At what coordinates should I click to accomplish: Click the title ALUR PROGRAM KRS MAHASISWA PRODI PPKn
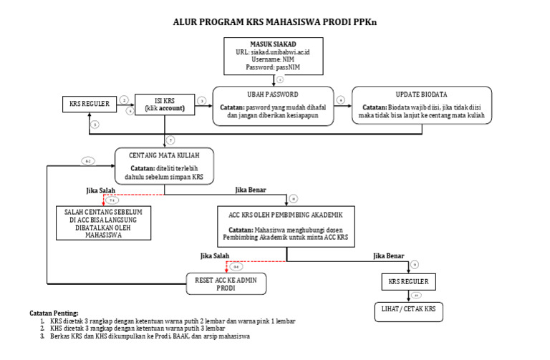tap(275, 22)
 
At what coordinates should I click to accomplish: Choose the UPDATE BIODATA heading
tap(421, 94)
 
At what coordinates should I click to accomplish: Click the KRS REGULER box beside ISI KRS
tap(89, 104)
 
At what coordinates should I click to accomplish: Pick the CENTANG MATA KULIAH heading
tap(164, 155)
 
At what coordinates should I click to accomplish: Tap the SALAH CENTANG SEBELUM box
tap(99, 222)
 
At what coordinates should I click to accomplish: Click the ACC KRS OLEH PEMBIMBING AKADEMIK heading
tap(286, 215)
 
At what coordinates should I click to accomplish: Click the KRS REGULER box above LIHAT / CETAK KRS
tap(408, 281)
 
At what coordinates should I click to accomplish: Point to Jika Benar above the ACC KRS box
tap(251, 190)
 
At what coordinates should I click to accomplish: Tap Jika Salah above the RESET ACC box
tap(216, 255)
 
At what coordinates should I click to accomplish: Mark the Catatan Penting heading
tap(54, 313)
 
